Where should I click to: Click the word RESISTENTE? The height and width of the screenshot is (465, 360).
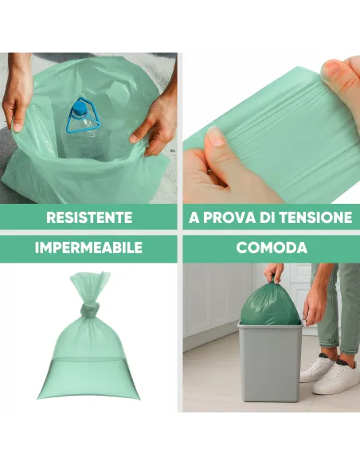tap(89, 217)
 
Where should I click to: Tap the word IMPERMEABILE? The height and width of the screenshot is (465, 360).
tap(89, 248)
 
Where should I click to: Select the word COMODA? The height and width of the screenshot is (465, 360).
tap(272, 248)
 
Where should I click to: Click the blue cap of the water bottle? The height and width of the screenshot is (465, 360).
tap(80, 105)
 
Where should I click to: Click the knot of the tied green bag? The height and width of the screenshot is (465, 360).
tap(90, 307)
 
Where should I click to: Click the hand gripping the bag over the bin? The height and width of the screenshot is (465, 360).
tap(275, 273)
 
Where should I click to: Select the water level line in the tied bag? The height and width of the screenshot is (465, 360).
tap(89, 359)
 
